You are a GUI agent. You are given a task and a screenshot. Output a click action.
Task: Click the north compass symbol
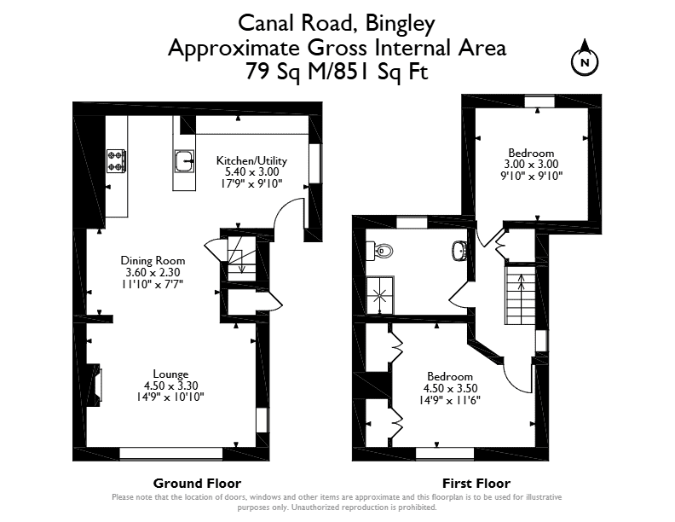click(x=585, y=60)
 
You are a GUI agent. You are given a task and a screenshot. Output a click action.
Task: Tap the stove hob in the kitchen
click(x=116, y=161)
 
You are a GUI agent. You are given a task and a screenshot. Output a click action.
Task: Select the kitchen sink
click(x=184, y=161)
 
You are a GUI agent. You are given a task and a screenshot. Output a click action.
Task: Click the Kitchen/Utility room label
click(x=251, y=160)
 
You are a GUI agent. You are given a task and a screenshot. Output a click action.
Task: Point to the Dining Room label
click(x=153, y=260)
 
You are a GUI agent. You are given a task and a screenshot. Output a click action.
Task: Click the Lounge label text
click(x=171, y=374)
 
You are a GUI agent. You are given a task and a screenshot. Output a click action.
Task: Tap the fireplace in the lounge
click(x=95, y=384)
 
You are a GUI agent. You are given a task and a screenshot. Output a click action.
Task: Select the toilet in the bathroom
click(x=380, y=251)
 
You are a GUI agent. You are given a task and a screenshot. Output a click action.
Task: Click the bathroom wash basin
click(x=459, y=250)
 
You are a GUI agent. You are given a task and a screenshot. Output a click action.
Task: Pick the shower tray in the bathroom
click(x=380, y=295)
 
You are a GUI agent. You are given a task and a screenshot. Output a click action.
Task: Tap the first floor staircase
click(x=520, y=294)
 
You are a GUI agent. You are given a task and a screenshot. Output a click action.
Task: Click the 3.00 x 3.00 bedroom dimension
click(x=531, y=164)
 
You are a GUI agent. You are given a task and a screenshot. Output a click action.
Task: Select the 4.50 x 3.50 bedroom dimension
click(x=450, y=388)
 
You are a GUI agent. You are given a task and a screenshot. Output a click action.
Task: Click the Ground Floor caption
click(x=197, y=484)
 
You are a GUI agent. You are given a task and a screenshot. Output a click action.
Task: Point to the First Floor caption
click(x=476, y=484)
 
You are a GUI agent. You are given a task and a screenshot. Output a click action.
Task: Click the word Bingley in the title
click(x=401, y=24)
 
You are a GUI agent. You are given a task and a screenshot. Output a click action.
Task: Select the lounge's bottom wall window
click(x=171, y=453)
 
